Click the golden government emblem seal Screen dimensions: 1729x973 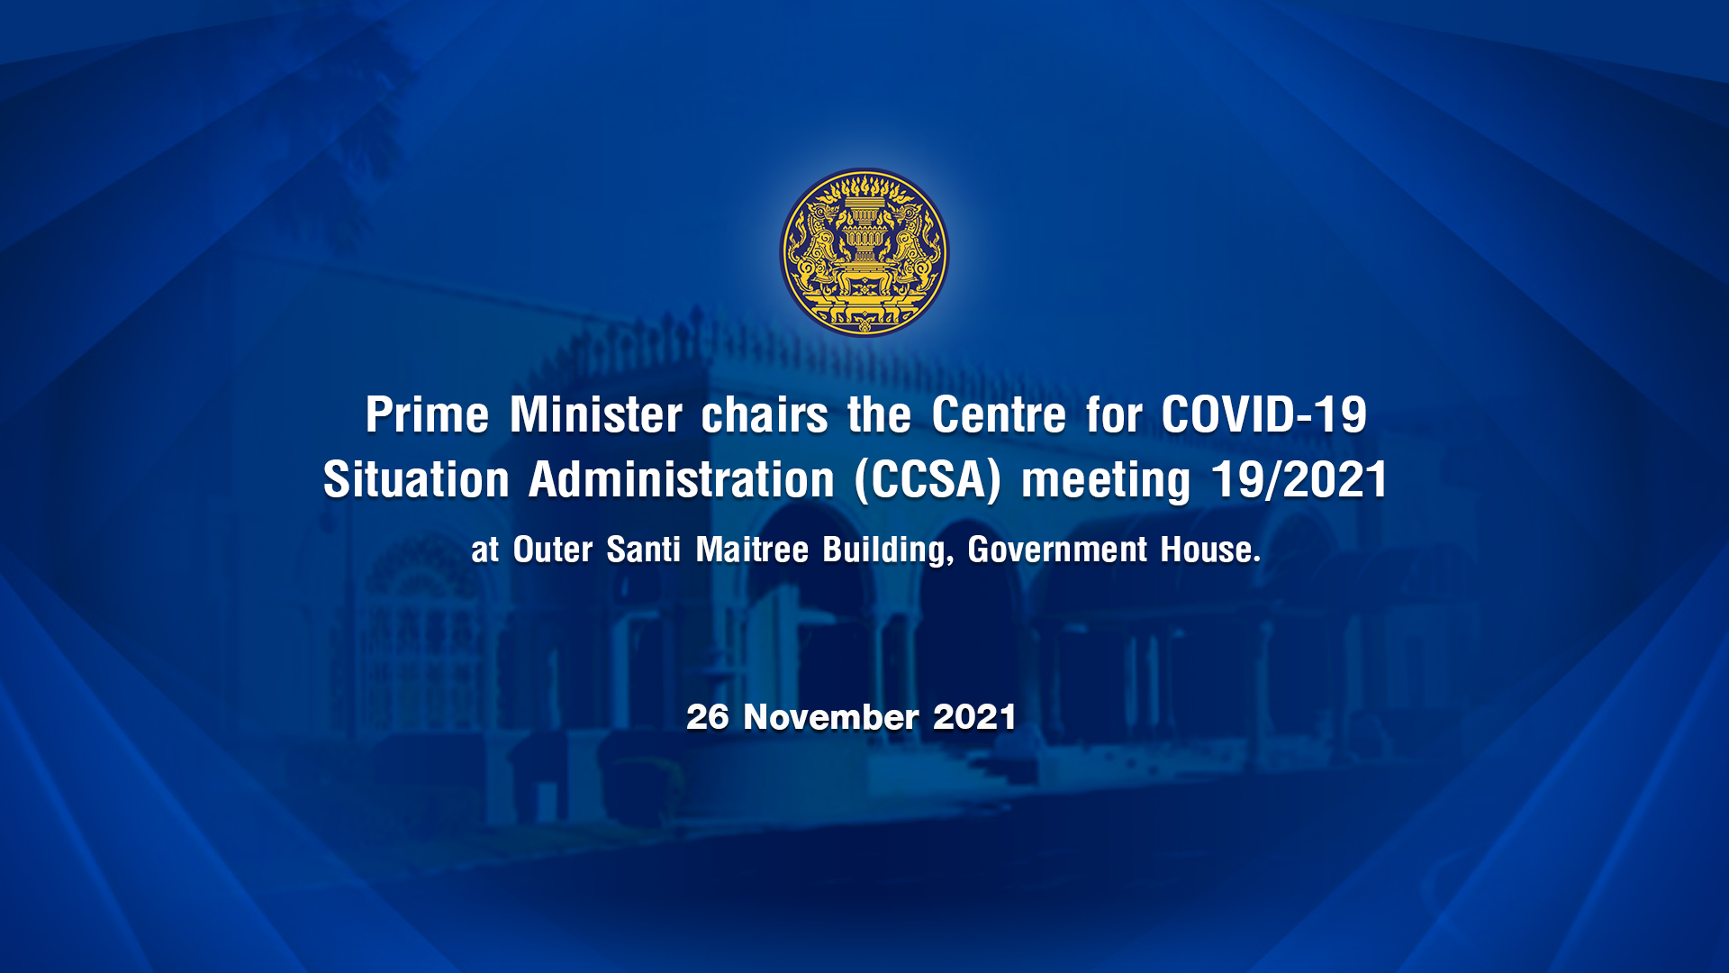tap(864, 252)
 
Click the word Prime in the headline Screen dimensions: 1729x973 tap(427, 415)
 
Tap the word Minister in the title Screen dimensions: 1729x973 tap(595, 415)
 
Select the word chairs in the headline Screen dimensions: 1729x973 tap(765, 415)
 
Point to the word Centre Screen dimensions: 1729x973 tap(999, 415)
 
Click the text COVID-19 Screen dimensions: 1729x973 tap(1263, 415)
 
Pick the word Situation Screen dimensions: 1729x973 tap(416, 479)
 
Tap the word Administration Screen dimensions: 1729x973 tap(682, 479)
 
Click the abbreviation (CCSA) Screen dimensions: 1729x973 tap(928, 480)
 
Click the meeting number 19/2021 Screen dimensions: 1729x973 tap(1299, 479)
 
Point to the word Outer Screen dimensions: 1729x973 tap(553, 550)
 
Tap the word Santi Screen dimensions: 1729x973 tap(643, 550)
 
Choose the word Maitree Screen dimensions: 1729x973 tap(752, 550)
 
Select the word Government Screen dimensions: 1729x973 tap(1057, 550)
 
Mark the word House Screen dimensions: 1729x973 tap(1209, 550)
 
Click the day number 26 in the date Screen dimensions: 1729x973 tap(708, 717)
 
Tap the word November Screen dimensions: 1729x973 tap(831, 717)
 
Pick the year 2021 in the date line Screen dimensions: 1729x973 tap(975, 717)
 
